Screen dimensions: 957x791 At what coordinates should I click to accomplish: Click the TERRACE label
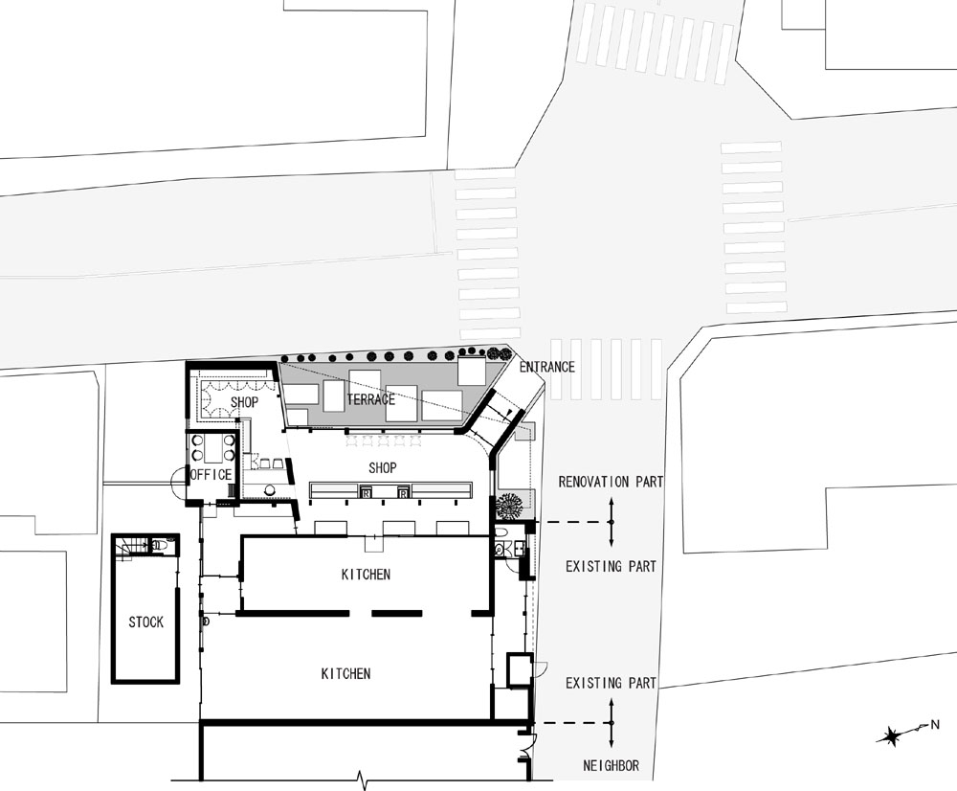click(x=371, y=399)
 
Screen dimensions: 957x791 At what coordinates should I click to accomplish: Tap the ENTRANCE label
click(x=546, y=367)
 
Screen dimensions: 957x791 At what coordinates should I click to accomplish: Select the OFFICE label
click(x=211, y=475)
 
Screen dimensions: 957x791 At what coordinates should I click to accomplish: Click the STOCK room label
click(x=145, y=622)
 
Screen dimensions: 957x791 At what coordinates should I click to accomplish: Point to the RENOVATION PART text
click(x=611, y=482)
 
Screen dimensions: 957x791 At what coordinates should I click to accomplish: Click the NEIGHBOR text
click(x=611, y=765)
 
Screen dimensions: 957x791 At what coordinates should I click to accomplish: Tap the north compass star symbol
click(x=892, y=736)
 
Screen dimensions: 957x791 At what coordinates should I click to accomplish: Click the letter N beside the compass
click(x=934, y=725)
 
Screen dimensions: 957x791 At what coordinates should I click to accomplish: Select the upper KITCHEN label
click(x=366, y=575)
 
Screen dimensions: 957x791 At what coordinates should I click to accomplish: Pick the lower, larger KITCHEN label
click(x=346, y=674)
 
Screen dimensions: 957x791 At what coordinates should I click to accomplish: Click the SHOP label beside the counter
click(x=383, y=468)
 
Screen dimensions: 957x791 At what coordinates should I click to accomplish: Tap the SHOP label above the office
click(x=244, y=402)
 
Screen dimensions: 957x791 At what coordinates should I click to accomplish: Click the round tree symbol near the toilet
click(x=509, y=506)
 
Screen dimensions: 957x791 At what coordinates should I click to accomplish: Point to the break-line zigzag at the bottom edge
click(x=362, y=779)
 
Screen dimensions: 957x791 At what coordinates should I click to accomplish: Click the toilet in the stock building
click(x=158, y=544)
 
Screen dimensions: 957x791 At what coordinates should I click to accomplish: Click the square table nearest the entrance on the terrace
click(x=471, y=372)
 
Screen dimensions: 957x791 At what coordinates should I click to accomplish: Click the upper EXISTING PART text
click(x=611, y=567)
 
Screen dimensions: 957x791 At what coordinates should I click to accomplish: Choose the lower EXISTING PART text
click(x=611, y=683)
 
